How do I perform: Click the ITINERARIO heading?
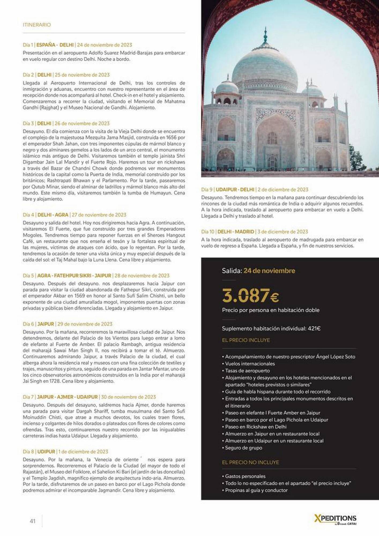(37, 25)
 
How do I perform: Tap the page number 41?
(32, 521)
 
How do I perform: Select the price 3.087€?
(250, 296)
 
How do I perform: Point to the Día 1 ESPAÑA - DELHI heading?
(77, 45)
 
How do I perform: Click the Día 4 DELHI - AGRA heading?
(74, 215)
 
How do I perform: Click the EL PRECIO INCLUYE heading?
(246, 340)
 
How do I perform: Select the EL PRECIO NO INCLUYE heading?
(250, 462)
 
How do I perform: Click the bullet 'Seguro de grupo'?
(243, 448)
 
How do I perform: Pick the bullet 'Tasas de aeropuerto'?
(247, 371)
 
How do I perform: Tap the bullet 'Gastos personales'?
(245, 476)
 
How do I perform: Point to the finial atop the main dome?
(265, 36)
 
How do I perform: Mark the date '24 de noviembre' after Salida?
(269, 271)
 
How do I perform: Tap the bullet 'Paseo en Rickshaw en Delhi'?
(255, 427)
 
